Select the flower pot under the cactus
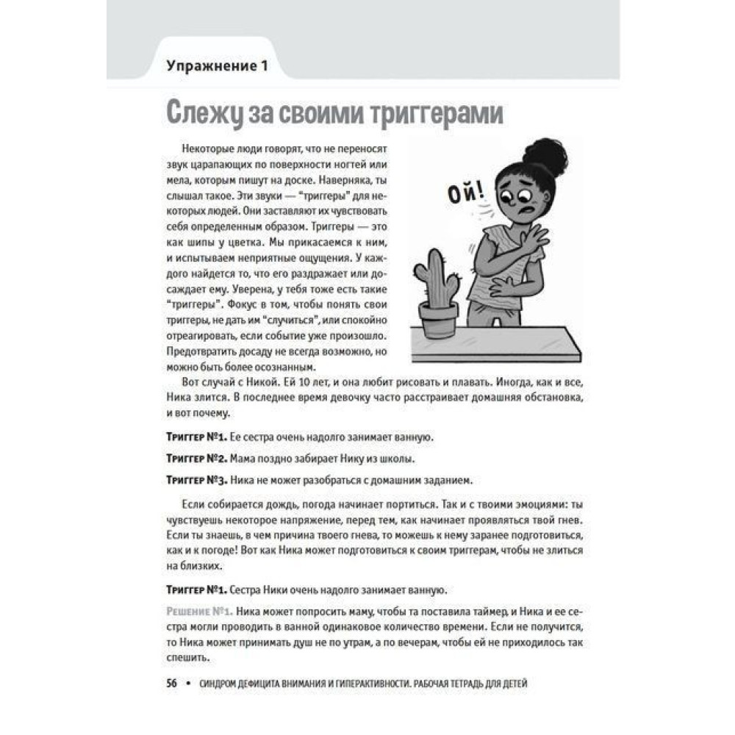pyautogui.click(x=438, y=320)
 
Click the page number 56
pyautogui.click(x=173, y=683)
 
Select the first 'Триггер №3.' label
pyautogui.click(x=195, y=480)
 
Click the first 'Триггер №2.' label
pyautogui.click(x=195, y=459)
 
